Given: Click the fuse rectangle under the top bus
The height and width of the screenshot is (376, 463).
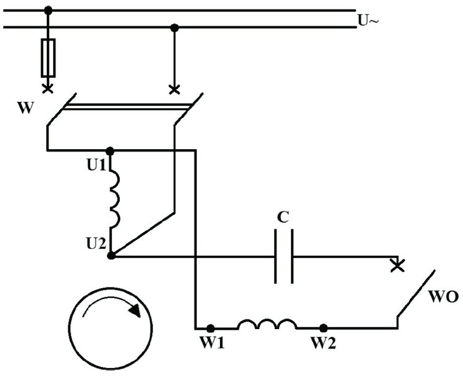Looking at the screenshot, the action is click(x=48, y=58).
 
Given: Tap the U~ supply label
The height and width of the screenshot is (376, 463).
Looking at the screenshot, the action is click(x=368, y=20).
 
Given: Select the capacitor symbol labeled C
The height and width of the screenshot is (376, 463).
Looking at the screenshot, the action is click(x=284, y=256).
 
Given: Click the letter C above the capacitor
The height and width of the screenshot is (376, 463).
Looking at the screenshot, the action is click(x=283, y=218).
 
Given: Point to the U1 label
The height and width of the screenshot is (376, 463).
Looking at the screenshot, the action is click(x=96, y=165).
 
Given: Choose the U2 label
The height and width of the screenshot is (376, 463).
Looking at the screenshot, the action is click(x=96, y=243).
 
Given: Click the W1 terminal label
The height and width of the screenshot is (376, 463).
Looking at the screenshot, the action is click(x=212, y=342).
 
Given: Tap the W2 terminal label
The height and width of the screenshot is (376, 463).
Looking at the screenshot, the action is click(x=323, y=342).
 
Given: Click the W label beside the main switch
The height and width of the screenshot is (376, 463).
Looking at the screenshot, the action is click(x=25, y=108).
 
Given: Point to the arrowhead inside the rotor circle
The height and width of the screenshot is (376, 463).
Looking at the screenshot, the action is click(x=135, y=310).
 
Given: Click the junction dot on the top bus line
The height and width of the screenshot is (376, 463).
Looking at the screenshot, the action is click(x=48, y=10).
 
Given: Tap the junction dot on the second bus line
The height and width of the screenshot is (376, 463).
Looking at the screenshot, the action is click(x=175, y=28).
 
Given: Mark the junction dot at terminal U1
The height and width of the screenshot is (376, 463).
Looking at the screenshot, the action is click(x=110, y=151).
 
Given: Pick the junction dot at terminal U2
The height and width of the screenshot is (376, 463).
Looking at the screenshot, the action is click(x=111, y=256).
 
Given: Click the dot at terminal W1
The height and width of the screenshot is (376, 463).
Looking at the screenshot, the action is click(x=210, y=328).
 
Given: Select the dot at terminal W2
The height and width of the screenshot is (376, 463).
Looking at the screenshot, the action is click(x=324, y=328).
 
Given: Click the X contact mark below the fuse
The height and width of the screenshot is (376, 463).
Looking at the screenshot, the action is click(x=48, y=89).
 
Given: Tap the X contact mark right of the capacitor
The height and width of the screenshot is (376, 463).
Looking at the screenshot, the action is click(x=398, y=266).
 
